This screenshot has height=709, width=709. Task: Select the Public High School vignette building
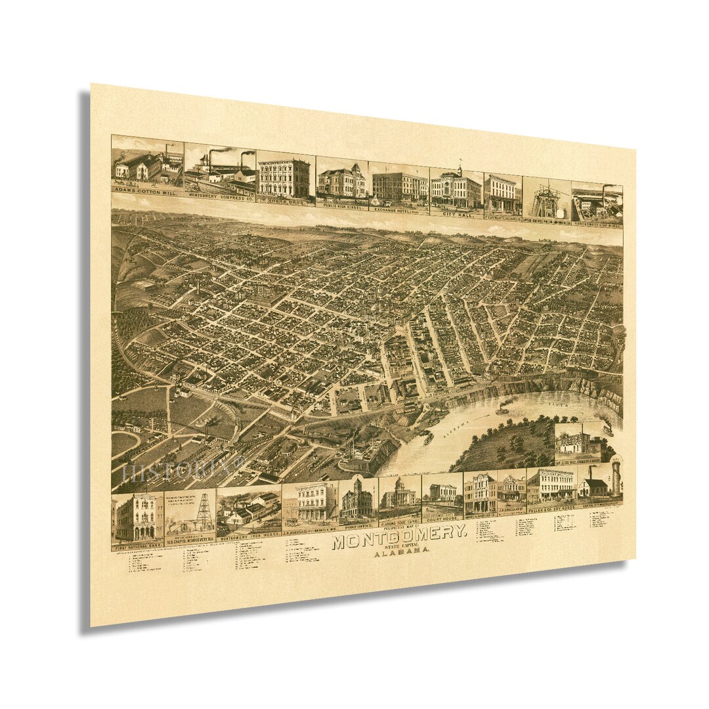point(341,182)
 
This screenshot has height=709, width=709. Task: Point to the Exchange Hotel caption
point(400,209)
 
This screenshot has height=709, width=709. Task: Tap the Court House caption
point(442,523)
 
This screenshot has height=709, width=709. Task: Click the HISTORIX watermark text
point(174,471)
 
